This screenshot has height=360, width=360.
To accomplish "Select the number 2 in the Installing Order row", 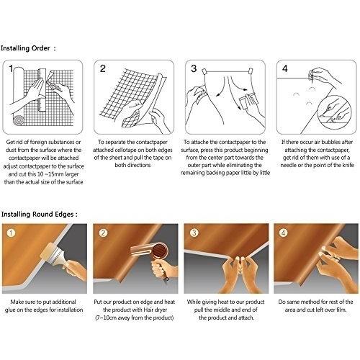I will pyautogui.click(x=103, y=69).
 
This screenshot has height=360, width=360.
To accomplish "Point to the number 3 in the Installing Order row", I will pyautogui.click(x=193, y=69).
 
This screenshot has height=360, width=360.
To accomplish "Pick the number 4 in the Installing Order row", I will pyautogui.click(x=284, y=69).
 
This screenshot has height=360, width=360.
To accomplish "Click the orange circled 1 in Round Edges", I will pyautogui.click(x=12, y=233).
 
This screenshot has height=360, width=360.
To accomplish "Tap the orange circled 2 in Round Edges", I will pyautogui.click(x=103, y=233).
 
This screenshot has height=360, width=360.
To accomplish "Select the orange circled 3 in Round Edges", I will pyautogui.click(x=194, y=233).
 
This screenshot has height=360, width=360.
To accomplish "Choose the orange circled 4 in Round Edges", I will pyautogui.click(x=284, y=233).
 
